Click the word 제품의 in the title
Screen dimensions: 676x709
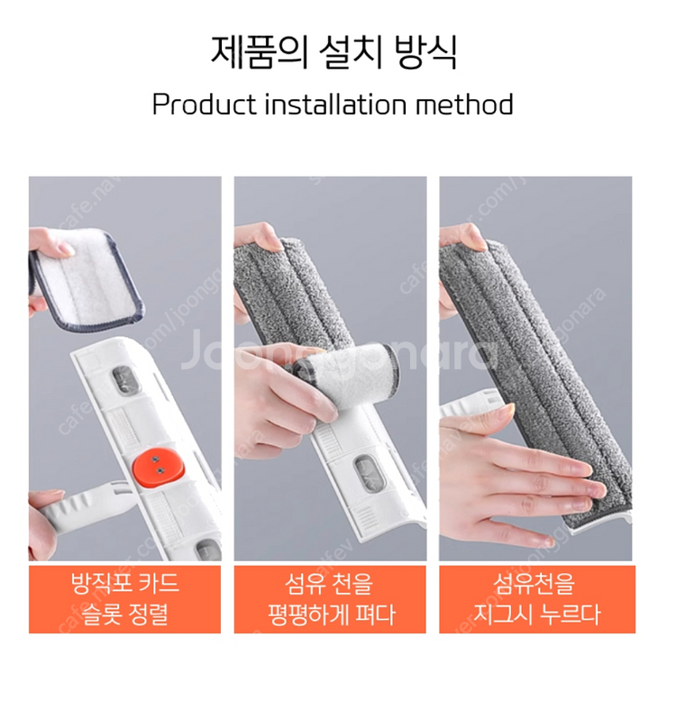click(260, 52)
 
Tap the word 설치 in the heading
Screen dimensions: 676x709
click(351, 52)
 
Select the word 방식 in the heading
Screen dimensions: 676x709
click(425, 52)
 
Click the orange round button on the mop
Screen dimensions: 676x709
click(158, 466)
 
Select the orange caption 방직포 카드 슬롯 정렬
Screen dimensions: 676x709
click(125, 599)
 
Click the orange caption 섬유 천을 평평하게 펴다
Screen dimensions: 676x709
click(330, 599)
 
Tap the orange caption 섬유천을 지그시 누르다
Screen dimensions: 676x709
click(536, 599)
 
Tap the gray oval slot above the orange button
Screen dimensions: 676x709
click(123, 381)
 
